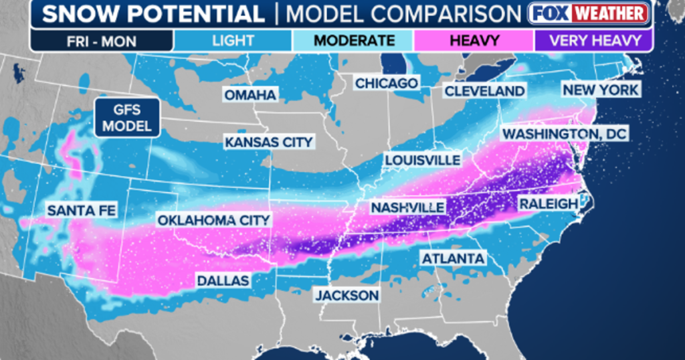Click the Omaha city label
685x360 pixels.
pyautogui.click(x=250, y=95)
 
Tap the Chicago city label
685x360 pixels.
pyautogui.click(x=387, y=83)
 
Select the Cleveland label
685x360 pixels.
pyautogui.click(x=484, y=90)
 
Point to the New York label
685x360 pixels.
pyautogui.click(x=601, y=90)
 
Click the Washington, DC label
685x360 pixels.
pyautogui.click(x=565, y=134)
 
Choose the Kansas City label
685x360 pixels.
pyautogui.click(x=269, y=142)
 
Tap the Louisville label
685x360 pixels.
pyautogui.click(x=422, y=160)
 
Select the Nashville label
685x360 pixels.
pyautogui.click(x=407, y=207)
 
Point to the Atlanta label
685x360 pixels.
pyautogui.click(x=453, y=258)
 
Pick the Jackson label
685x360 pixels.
pyautogui.click(x=347, y=295)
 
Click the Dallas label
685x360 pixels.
pyautogui.click(x=223, y=280)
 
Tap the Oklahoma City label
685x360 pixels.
pyautogui.click(x=213, y=219)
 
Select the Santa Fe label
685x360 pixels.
pyautogui.click(x=82, y=211)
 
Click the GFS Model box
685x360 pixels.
pyautogui.click(x=127, y=118)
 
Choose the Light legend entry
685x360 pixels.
pyautogui.click(x=232, y=40)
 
